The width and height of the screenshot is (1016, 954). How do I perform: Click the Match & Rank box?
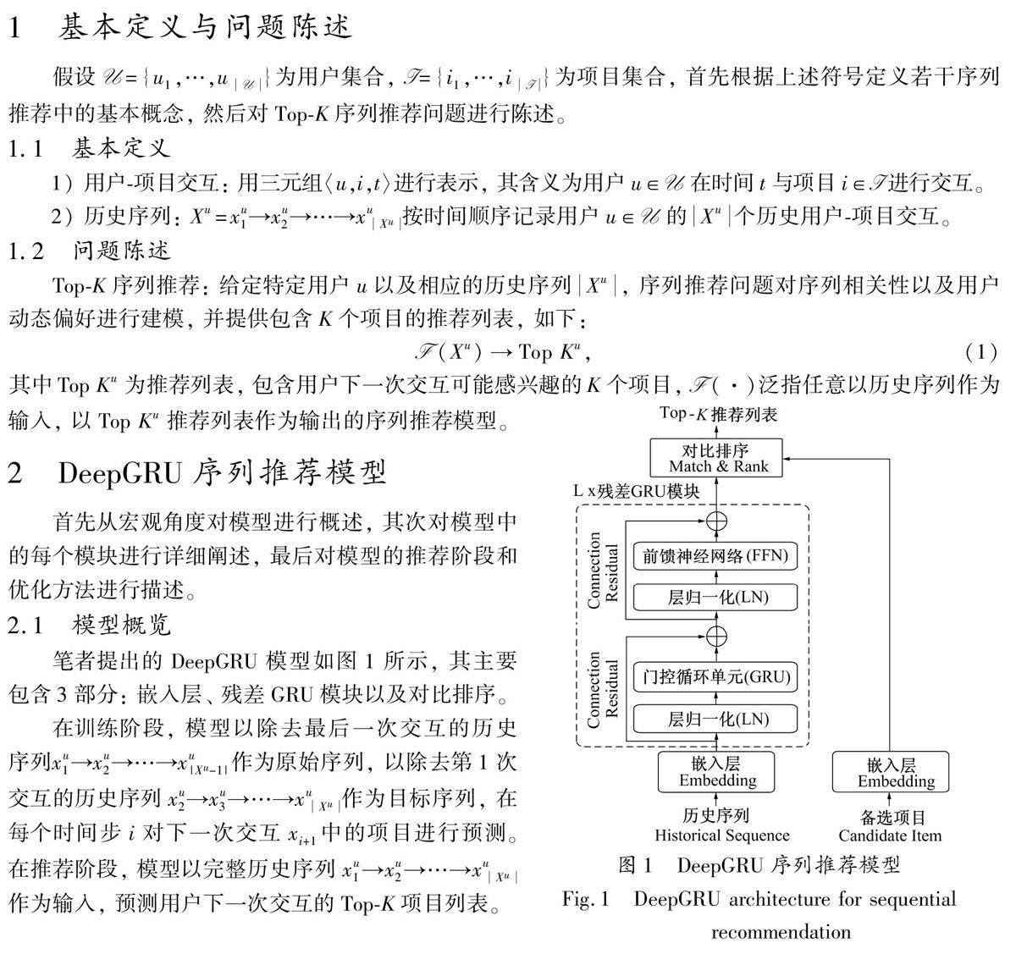click(718, 458)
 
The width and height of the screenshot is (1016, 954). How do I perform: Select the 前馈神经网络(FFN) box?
click(715, 555)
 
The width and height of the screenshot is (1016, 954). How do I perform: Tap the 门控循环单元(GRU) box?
click(715, 676)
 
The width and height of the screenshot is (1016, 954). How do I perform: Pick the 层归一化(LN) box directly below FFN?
click(715, 597)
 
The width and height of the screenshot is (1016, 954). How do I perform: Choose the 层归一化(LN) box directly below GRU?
click(715, 719)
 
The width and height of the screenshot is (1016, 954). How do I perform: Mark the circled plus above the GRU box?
click(717, 636)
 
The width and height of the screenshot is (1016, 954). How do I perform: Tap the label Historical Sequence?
click(721, 835)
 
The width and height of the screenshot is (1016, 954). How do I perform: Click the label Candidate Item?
click(890, 835)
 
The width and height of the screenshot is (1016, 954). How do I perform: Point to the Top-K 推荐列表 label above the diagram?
click(718, 414)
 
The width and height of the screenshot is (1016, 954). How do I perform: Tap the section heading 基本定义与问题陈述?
click(206, 27)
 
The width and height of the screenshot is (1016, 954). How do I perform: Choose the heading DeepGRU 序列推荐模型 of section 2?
click(222, 472)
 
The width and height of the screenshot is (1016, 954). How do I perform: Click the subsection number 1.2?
click(25, 251)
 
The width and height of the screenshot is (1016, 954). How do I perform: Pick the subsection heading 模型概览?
click(122, 626)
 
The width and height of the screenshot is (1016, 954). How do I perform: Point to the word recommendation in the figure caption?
click(781, 932)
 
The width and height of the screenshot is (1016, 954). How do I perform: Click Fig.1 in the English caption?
click(586, 899)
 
